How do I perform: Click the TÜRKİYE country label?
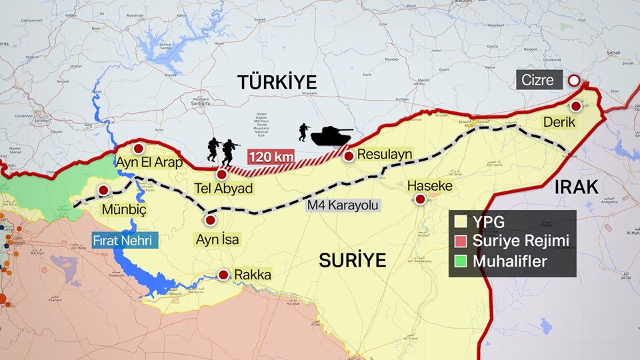pyautogui.click(x=276, y=83)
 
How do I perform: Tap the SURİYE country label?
pyautogui.click(x=353, y=260)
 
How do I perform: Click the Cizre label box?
pyautogui.click(x=540, y=81)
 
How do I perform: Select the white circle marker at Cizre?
pyautogui.click(x=573, y=81)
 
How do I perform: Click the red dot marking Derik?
pyautogui.click(x=576, y=106)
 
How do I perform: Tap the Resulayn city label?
pyautogui.click(x=385, y=155)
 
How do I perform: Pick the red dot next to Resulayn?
pyautogui.click(x=349, y=155)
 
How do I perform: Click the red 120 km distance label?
pyautogui.click(x=271, y=158)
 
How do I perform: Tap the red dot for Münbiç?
pyautogui.click(x=105, y=191)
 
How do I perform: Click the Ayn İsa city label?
pyautogui.click(x=219, y=239)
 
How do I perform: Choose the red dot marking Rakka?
pyautogui.click(x=223, y=275)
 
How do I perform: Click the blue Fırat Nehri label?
pyautogui.click(x=125, y=240)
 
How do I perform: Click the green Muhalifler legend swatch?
pyautogui.click(x=459, y=261)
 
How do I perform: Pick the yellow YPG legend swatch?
pyautogui.click(x=459, y=222)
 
